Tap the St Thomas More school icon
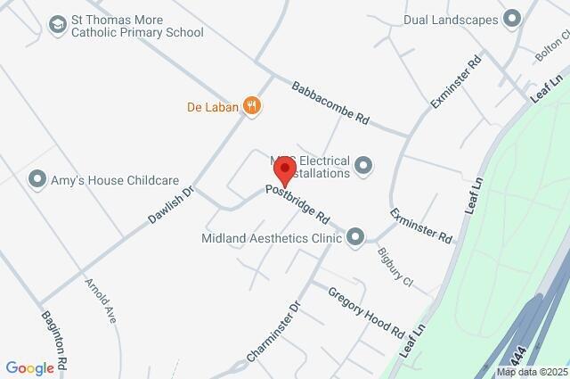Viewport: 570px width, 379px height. pyautogui.click(x=58, y=24)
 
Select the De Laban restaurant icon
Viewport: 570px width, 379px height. pyautogui.click(x=253, y=105)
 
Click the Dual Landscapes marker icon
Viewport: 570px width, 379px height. pyautogui.click(x=511, y=18)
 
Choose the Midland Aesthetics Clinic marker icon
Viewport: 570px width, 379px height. pyautogui.click(x=355, y=236)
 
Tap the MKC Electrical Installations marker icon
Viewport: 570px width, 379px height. pyautogui.click(x=362, y=165)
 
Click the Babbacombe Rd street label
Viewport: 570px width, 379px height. pyautogui.click(x=330, y=103)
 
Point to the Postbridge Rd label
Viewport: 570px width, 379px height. pyautogui.click(x=298, y=204)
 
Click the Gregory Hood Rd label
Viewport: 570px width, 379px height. pyautogui.click(x=366, y=311)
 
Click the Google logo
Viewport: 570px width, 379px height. pyautogui.click(x=29, y=368)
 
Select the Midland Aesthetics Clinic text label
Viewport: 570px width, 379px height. pyautogui.click(x=272, y=237)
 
